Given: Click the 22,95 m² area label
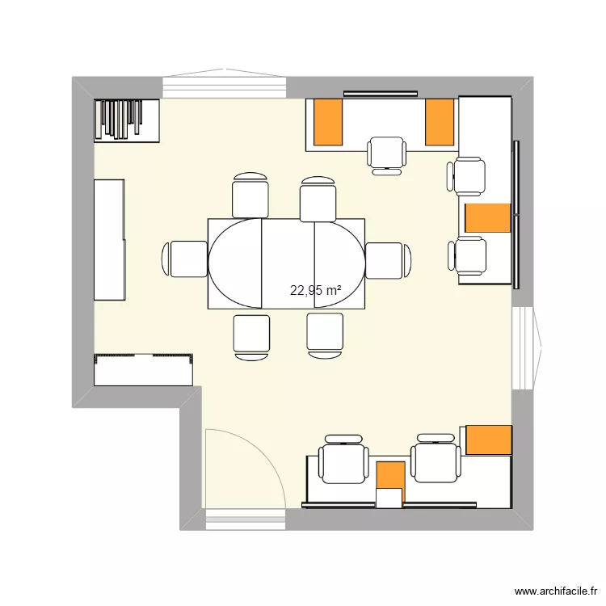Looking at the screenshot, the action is tap(315, 290).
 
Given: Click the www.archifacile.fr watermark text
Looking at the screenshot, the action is tap(556, 591).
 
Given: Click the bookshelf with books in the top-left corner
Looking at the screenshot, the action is tap(127, 120).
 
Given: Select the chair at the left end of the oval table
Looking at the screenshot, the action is tap(184, 259).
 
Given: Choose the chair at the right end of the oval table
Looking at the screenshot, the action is tap(388, 260).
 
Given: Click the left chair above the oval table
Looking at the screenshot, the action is tap(250, 196).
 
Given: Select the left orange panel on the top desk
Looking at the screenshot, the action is tap(328, 122).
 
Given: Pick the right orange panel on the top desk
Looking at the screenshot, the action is tap(440, 122).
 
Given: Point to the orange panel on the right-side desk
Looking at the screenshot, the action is tap(488, 218).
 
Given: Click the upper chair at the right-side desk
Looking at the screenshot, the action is tap(466, 177).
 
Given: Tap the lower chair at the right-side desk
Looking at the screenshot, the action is tap(467, 256).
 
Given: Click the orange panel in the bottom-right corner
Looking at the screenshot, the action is tap(489, 440).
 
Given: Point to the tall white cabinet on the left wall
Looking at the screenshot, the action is tap(110, 240).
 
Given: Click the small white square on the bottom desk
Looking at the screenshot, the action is tap(389, 498).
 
